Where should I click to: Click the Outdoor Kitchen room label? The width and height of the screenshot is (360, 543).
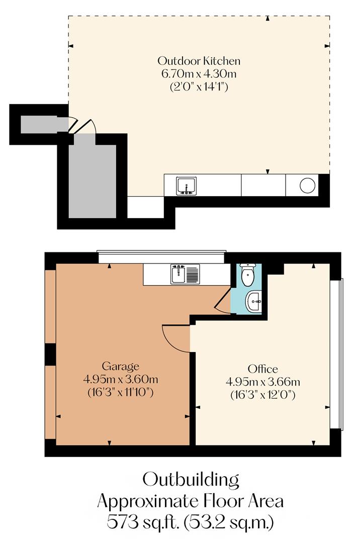pos(199,61)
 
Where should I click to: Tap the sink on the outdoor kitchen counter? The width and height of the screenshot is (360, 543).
pos(186,186)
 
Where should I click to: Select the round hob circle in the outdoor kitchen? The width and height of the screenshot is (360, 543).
pos(307,185)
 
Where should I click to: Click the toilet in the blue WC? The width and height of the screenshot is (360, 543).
pos(247,275)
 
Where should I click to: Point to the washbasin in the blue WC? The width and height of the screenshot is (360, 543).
pos(253,302)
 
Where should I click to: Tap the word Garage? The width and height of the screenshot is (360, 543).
pos(120,366)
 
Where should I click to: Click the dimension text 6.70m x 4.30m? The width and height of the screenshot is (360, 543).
pos(199,74)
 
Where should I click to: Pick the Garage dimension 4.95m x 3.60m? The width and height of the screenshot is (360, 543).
pos(120,379)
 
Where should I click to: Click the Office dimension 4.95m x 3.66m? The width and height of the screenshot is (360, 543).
pos(262,382)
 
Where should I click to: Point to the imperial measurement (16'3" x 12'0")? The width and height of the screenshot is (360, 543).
pos(262,395)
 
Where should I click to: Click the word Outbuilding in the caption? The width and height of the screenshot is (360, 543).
pos(191,479)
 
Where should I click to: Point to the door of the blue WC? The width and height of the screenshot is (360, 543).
pos(222,304)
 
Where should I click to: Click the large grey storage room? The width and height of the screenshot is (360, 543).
pos(92,181)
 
